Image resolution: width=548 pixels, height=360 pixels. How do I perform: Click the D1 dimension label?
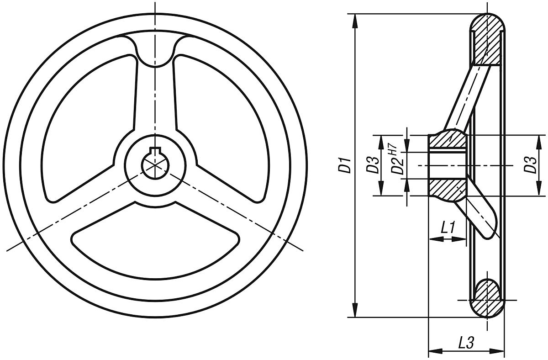tap(347, 165)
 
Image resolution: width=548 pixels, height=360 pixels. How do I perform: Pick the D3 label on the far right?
tap(530, 165)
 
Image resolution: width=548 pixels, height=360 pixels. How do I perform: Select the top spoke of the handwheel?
tap(155, 96)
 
